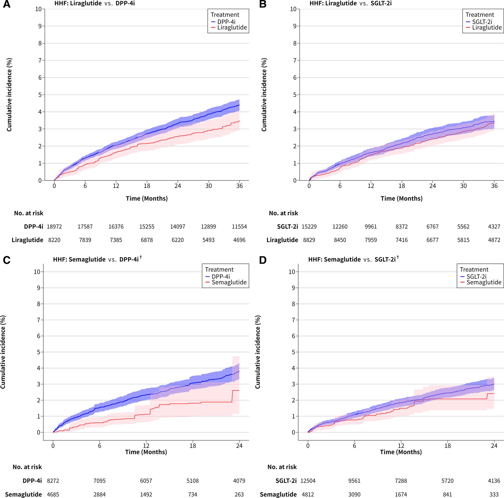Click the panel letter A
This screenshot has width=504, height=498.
(x=7, y=4)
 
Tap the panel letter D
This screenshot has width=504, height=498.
(x=262, y=260)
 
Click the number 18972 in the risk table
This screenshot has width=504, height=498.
(x=54, y=227)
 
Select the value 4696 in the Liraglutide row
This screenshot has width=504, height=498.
(x=239, y=240)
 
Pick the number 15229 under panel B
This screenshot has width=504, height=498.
(x=309, y=227)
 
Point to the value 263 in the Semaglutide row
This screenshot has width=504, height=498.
(x=239, y=494)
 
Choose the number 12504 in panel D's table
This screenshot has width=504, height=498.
(x=308, y=481)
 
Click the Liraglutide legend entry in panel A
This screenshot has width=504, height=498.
(x=232, y=27)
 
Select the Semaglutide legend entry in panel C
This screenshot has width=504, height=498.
(x=229, y=282)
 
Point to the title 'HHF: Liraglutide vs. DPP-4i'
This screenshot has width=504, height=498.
(x=94, y=3)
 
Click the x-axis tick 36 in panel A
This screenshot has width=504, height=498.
(x=239, y=186)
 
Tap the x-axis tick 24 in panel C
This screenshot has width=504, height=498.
(x=239, y=446)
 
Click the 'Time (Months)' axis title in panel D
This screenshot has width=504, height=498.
(x=401, y=452)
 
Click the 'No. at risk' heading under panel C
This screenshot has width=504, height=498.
(x=27, y=467)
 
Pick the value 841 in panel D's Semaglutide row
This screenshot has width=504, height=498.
(x=447, y=494)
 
